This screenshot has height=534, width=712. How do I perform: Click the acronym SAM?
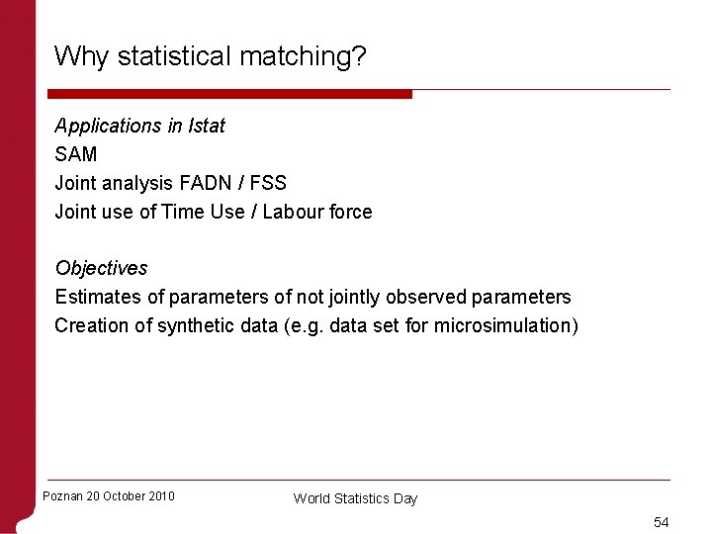point(76,154)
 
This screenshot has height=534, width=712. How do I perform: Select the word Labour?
point(293,212)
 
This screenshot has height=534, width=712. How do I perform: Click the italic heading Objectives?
point(101,268)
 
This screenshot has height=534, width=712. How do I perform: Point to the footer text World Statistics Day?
point(355,498)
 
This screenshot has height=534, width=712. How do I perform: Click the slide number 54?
point(662,521)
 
